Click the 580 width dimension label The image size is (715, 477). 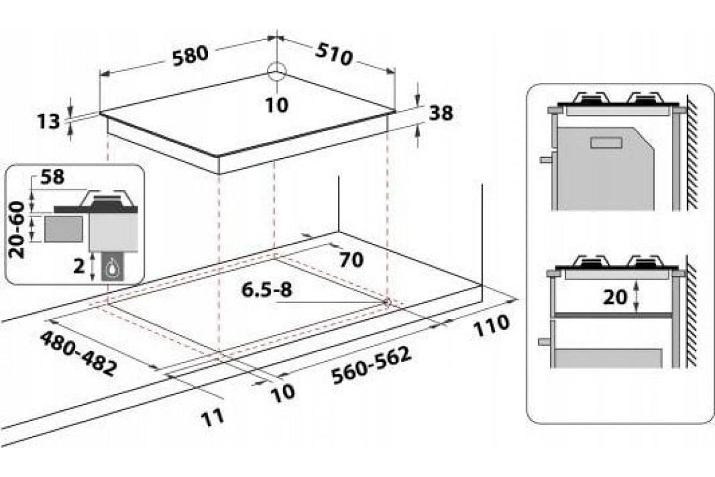coord(190,56)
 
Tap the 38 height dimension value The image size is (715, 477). coord(441,113)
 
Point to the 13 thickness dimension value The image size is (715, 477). coord(48,122)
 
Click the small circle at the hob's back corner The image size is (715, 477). coord(276,71)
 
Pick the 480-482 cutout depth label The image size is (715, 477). coord(77,354)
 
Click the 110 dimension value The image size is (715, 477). coord(491,326)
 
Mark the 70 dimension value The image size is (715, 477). coord(351,260)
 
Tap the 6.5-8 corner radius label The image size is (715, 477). coord(267,290)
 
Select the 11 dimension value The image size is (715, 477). coord(213,418)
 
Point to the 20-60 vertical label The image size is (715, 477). coord(17,230)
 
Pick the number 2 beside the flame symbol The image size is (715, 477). coord(79,266)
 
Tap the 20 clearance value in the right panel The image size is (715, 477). coord(615,298)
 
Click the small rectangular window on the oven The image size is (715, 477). coord(606,143)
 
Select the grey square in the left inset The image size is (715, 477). coord(63,229)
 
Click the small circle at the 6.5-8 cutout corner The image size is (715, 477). coord(387,302)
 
